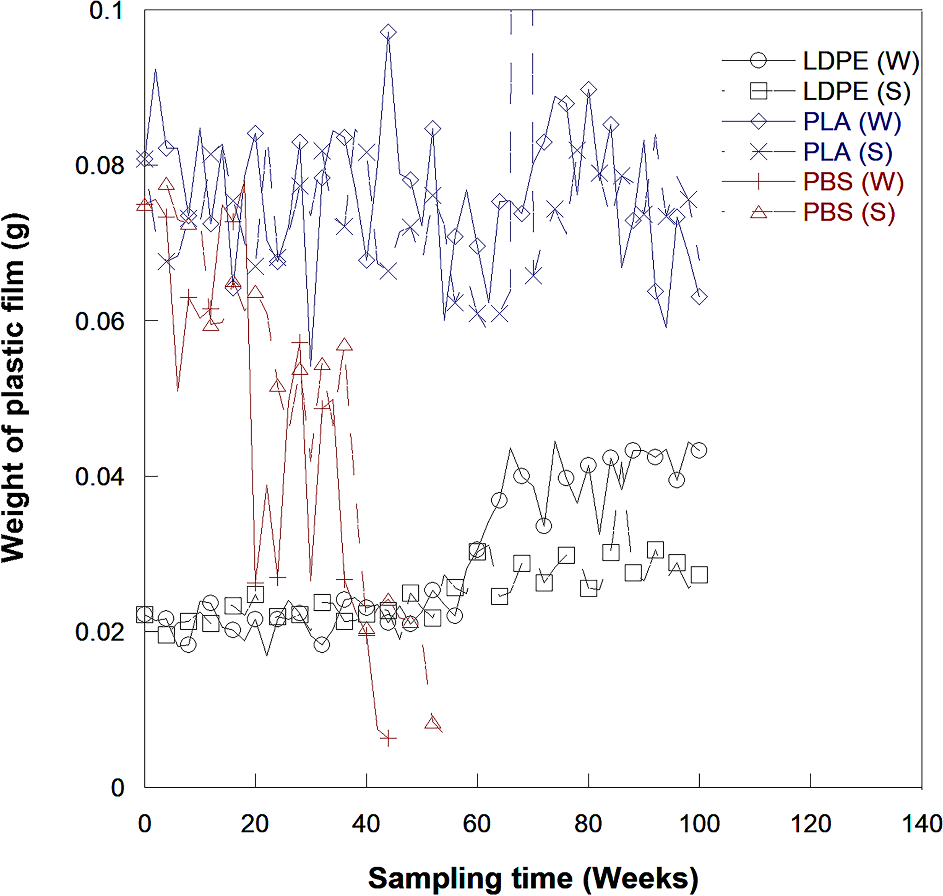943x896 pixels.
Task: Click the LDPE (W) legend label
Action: coord(860,61)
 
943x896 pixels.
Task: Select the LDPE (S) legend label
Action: coord(856,91)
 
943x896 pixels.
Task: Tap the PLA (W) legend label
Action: coord(851,122)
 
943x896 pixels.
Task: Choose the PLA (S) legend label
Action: coord(847,152)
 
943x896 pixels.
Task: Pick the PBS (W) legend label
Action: coord(853,182)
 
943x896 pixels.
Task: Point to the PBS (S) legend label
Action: coord(849,212)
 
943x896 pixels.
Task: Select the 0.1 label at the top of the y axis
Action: coord(106,11)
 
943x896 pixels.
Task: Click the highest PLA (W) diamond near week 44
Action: coord(388,32)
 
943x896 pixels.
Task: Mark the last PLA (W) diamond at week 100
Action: coord(699,297)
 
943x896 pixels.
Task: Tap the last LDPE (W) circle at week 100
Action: coord(699,450)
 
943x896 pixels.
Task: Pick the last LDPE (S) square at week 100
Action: coord(699,575)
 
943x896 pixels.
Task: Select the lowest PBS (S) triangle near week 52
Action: coord(433,723)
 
